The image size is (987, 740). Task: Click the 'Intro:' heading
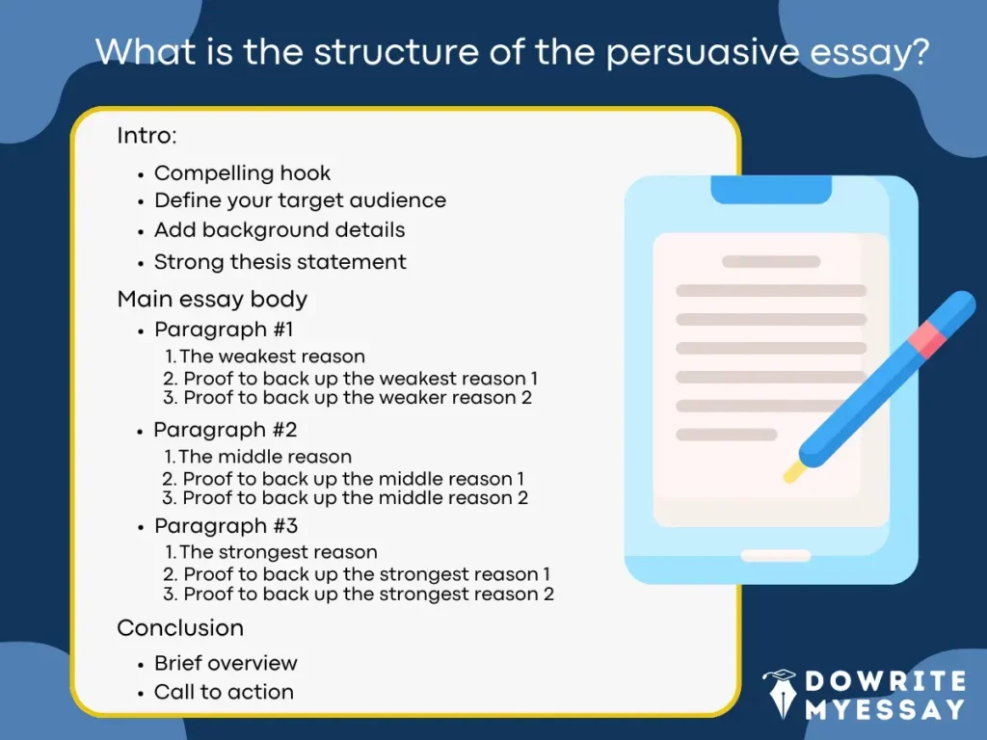coord(147,136)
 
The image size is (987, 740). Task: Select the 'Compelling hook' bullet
coord(242,173)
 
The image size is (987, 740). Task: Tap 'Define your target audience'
coord(300,200)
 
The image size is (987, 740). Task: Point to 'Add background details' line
coord(280,230)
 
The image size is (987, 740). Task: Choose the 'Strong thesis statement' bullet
coord(280,261)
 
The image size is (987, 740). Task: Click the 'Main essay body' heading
coord(212,299)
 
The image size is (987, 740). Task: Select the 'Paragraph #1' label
coord(217,330)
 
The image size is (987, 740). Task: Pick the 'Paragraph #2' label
coord(216,429)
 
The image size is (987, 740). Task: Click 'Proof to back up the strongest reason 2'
coord(368,595)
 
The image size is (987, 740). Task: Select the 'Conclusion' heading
coord(180,628)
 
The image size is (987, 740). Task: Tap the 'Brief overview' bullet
coord(226,663)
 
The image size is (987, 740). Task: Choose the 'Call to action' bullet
coord(224,692)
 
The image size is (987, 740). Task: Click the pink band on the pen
coord(927,336)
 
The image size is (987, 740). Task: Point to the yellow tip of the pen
coord(793,472)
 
